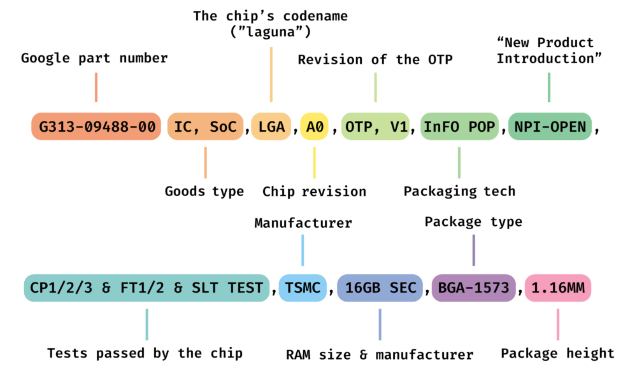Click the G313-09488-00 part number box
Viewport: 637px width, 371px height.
coord(96,127)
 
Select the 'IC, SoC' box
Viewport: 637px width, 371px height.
coord(206,127)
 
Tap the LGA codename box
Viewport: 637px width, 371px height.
coord(271,127)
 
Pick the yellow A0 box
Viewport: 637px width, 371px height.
coord(315,127)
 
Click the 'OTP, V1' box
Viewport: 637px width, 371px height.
coord(376,127)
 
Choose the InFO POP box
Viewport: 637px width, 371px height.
coord(459,127)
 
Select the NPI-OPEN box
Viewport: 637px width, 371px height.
coord(550,127)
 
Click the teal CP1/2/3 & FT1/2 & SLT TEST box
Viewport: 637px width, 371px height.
coord(147,288)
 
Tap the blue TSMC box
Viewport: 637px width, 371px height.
coord(303,288)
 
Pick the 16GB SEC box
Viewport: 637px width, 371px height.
coord(380,288)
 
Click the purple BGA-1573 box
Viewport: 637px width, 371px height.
coord(473,288)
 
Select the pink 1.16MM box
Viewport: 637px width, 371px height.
coord(558,288)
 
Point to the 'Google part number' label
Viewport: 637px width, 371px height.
coord(94,59)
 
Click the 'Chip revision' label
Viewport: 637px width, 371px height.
coord(314,192)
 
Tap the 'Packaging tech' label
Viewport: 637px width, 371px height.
coord(459,192)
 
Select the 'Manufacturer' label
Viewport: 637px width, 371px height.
coord(303,223)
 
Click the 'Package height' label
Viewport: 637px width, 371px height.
coord(557,354)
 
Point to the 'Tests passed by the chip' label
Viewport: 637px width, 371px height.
coord(145,354)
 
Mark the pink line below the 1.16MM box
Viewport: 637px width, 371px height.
coord(558,324)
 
